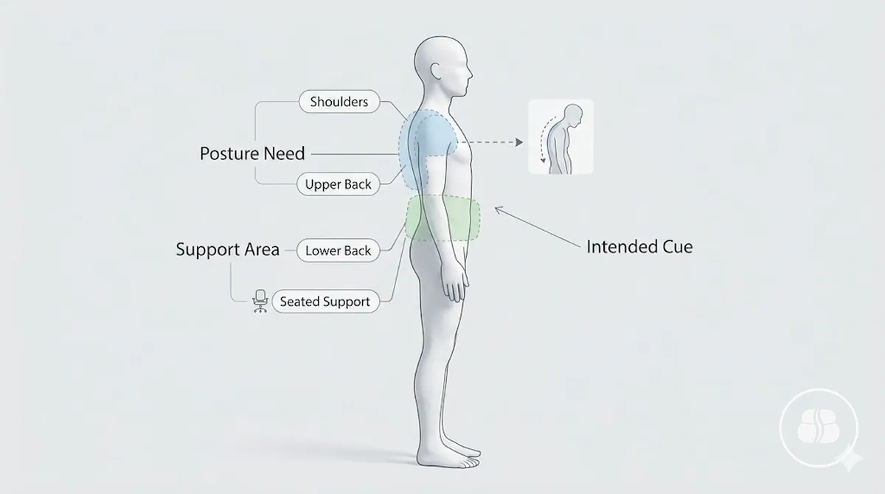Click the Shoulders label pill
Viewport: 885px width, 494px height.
click(x=339, y=102)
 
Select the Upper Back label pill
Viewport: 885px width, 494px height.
click(x=339, y=184)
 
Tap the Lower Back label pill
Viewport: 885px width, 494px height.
click(x=339, y=251)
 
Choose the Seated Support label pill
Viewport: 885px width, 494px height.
click(x=325, y=302)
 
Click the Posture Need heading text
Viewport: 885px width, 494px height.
click(x=252, y=153)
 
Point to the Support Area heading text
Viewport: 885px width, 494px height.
click(x=228, y=249)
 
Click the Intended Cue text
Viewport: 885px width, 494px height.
click(x=639, y=247)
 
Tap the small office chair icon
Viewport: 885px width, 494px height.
click(x=260, y=301)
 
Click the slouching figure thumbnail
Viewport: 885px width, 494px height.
click(x=560, y=136)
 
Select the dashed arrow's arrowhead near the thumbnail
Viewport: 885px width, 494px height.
click(x=519, y=142)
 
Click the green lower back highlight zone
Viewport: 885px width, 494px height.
click(x=442, y=218)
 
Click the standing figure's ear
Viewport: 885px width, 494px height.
click(x=436, y=71)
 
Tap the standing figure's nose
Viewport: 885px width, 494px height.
click(x=470, y=74)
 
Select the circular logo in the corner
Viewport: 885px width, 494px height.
click(x=819, y=428)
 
